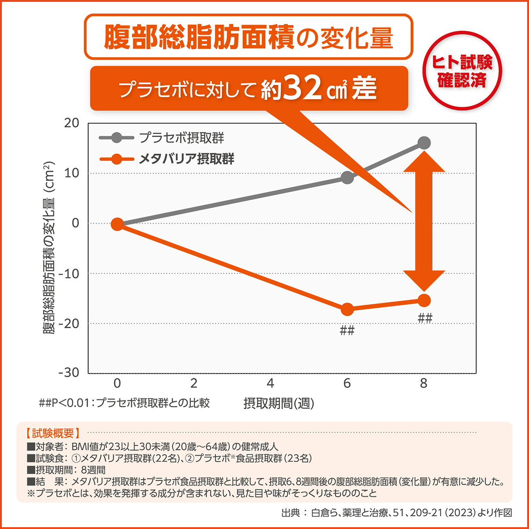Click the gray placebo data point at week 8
[x=424, y=143]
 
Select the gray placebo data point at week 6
[x=347, y=178]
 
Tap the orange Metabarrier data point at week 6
[x=347, y=309]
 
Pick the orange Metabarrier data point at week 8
[x=424, y=301]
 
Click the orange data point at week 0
[x=117, y=224]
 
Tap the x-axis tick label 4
[x=270, y=384]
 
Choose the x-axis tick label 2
[x=194, y=384]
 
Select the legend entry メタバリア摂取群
[x=186, y=158]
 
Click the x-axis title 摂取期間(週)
[x=279, y=403]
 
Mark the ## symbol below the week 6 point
[x=347, y=331]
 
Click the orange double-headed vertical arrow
[x=424, y=222]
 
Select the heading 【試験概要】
[x=52, y=433]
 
